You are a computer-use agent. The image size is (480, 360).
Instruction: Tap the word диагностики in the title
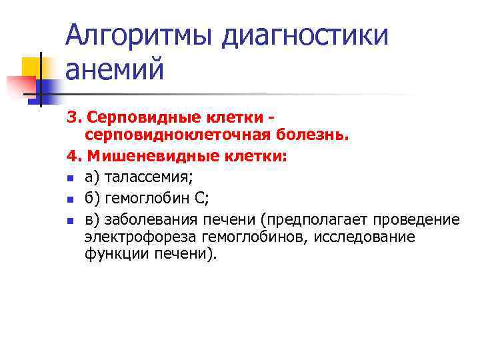coord(305,35)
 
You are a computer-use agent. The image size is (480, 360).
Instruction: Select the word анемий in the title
coord(114,69)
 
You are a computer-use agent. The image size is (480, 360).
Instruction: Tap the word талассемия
coord(147,178)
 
